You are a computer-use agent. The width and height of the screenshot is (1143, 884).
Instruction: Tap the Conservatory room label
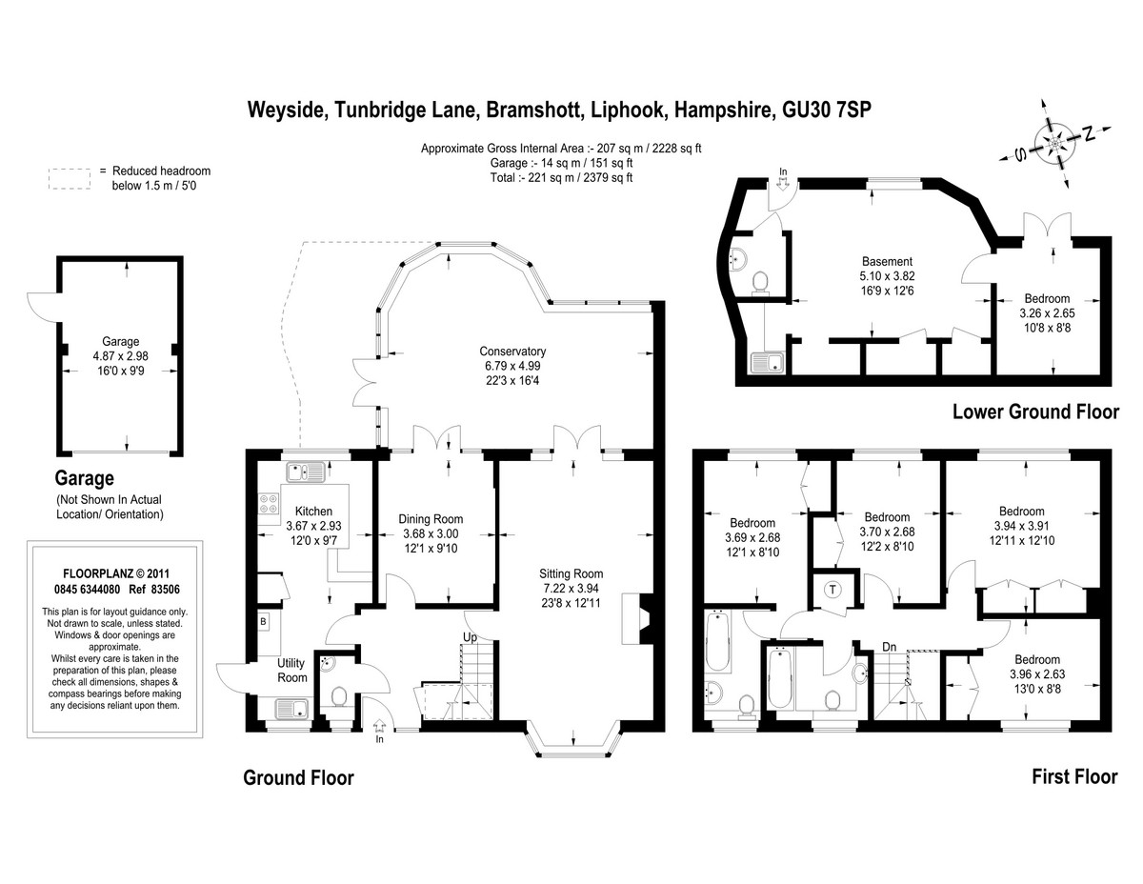coord(512,351)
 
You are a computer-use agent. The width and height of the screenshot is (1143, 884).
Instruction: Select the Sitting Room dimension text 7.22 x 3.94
coord(571,589)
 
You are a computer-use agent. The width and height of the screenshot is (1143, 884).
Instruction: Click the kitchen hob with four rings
coord(269,503)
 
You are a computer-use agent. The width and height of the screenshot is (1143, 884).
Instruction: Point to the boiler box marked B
coord(263,622)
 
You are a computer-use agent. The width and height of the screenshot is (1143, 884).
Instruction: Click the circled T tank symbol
coord(832,590)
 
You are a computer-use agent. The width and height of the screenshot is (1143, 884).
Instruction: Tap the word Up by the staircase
coord(470,637)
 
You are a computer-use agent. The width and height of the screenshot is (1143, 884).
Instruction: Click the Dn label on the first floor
coord(889,647)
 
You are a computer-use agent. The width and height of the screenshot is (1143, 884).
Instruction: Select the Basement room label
coord(887,261)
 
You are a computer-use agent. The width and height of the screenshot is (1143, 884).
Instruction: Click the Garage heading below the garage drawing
coord(84,478)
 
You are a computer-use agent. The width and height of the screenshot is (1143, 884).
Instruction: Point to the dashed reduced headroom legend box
coord(70,179)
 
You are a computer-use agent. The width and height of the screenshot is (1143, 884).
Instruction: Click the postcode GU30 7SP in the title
coord(827,110)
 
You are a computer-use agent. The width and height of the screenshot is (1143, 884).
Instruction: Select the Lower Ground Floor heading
coord(1035,412)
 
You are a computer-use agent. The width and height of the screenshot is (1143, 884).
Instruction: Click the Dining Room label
coord(431,519)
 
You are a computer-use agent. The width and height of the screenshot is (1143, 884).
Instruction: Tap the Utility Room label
coord(291,670)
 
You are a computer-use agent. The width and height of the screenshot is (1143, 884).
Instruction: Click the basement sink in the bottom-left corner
coord(768,362)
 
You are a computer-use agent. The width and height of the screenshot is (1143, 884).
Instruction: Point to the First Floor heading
coord(1074,776)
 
